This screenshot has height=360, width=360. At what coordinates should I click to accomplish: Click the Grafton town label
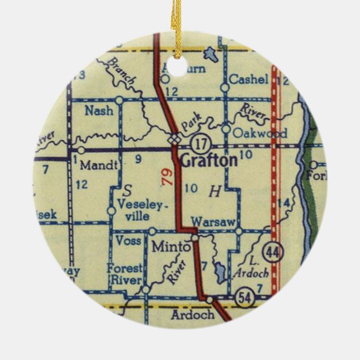[209, 160]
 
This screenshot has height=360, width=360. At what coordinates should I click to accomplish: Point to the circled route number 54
[243, 294]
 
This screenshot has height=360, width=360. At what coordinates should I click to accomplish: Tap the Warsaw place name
[212, 222]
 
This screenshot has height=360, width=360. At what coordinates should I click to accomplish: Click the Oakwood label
[260, 134]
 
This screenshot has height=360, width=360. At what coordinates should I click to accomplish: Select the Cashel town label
[249, 79]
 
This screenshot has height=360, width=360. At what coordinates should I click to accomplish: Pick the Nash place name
[99, 110]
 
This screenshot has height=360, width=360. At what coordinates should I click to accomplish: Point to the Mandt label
[100, 165]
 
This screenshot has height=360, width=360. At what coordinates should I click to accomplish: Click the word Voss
[128, 240]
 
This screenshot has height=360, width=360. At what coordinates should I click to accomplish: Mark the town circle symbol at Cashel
[225, 87]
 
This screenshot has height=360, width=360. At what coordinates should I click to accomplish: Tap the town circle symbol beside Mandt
[81, 150]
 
